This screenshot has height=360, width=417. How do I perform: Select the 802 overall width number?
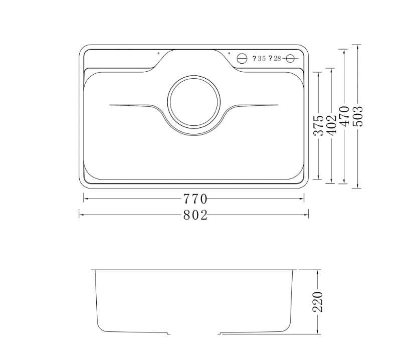point(194,215)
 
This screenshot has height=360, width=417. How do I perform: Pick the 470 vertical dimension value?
point(344,116)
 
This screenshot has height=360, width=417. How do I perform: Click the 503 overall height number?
point(357,116)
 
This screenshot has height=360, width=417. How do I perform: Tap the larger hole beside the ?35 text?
point(242,58)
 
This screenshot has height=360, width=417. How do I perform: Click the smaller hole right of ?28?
point(289,59)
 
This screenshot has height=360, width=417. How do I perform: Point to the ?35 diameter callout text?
point(259,59)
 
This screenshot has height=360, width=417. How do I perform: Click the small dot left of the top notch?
point(158,53)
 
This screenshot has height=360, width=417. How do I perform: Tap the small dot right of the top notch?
point(229,53)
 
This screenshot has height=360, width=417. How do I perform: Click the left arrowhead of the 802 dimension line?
point(80,215)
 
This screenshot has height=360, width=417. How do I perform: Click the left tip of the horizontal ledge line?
point(110,105)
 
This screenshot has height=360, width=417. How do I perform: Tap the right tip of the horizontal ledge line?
point(278,105)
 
